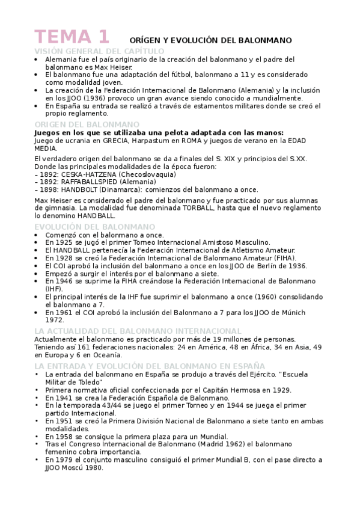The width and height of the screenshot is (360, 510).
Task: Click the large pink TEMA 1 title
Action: click(72, 37)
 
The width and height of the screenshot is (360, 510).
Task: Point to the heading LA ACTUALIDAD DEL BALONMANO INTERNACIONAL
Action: click(138, 331)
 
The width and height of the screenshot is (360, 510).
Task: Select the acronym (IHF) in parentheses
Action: click(54, 288)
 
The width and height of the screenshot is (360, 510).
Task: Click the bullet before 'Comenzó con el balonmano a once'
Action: click(37, 235)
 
